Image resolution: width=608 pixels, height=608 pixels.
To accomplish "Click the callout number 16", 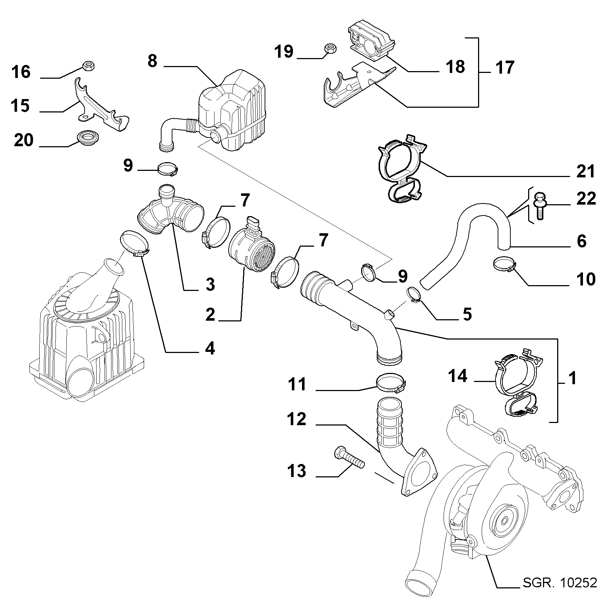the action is point(21,72).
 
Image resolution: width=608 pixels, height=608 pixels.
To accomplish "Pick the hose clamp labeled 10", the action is point(504,264).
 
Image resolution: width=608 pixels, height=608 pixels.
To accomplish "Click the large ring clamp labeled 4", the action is point(134,244).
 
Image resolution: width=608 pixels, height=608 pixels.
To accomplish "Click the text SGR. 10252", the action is point(559,583).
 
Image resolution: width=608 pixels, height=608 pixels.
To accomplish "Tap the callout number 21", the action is point(585,171).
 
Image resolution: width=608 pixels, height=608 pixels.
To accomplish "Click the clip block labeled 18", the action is point(371,42).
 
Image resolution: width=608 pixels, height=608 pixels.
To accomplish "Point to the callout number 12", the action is point(297,419).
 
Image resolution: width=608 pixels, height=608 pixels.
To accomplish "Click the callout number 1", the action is point(572,378).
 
